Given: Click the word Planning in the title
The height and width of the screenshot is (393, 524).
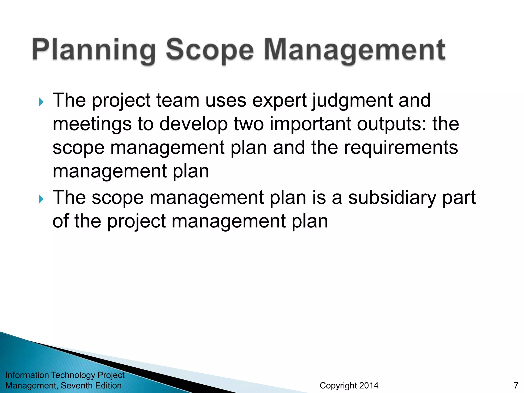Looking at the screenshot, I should [x=94, y=50].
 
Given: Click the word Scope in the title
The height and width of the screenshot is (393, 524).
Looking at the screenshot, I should [x=210, y=50].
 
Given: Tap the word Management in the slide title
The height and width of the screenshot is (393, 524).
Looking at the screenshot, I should [x=355, y=50].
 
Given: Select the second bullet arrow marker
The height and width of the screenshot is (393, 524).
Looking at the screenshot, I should [x=41, y=199].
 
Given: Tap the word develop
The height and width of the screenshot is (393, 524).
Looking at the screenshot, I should [x=193, y=124].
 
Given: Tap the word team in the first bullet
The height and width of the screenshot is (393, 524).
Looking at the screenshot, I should [x=178, y=100].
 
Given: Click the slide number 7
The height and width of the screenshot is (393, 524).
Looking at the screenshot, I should [x=516, y=385].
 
